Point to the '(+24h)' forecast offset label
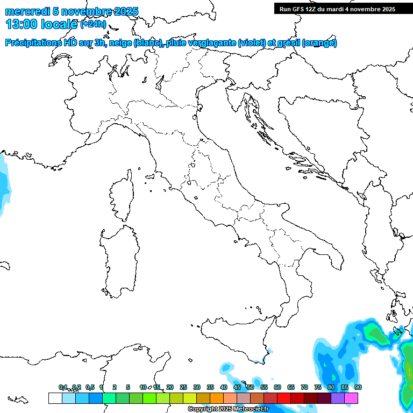(92, 24)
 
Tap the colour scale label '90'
(358, 387)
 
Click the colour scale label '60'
(277, 387)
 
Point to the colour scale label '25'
(183, 387)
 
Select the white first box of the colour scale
(55, 398)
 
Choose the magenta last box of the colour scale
(351, 398)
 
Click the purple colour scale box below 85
(338, 398)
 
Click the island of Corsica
(122, 196)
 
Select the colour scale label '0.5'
(90, 387)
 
